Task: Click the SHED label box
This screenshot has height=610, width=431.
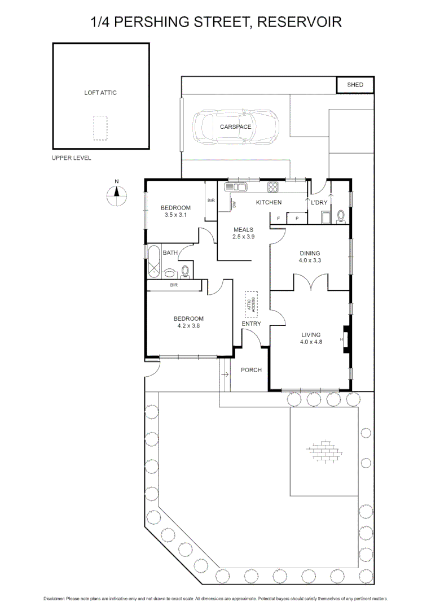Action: click(x=355, y=85)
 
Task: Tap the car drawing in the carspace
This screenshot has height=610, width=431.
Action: click(x=235, y=127)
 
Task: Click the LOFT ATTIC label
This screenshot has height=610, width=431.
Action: click(x=100, y=93)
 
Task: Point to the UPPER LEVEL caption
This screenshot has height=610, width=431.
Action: click(x=71, y=158)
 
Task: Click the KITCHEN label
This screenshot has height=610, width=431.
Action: click(x=269, y=202)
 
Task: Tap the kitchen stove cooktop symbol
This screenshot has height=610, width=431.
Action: click(x=273, y=187)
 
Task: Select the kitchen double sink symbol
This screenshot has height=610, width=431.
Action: click(x=235, y=187)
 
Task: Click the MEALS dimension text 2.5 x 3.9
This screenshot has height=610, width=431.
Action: click(x=243, y=237)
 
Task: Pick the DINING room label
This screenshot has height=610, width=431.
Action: click(x=310, y=253)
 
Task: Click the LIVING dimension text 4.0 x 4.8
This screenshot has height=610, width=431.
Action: click(x=311, y=342)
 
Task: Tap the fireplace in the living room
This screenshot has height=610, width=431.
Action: click(x=346, y=339)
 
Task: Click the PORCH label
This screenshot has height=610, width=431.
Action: click(x=251, y=370)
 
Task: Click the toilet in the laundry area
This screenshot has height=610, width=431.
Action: click(x=340, y=216)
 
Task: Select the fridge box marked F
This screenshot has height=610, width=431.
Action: click(x=278, y=219)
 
